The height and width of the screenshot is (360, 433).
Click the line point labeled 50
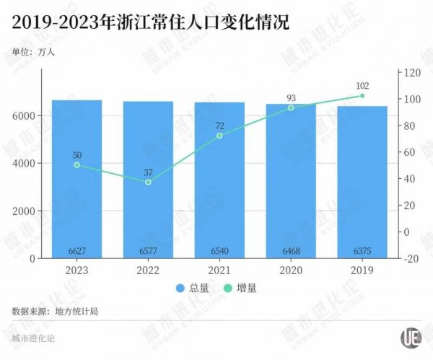tap(76, 165)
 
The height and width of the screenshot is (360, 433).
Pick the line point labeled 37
tap(148, 182)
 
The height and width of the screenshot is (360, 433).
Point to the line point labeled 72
tap(219, 136)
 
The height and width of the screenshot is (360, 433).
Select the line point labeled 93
tap(291, 107)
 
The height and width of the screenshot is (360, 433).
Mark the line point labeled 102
tap(362, 95)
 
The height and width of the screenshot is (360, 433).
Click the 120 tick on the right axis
tap(412, 73)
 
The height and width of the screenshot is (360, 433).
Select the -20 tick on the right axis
tap(411, 258)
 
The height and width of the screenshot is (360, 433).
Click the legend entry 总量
tap(196, 288)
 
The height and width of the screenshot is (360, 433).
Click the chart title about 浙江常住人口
tap(151, 24)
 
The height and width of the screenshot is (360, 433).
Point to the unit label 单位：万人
tap(33, 52)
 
